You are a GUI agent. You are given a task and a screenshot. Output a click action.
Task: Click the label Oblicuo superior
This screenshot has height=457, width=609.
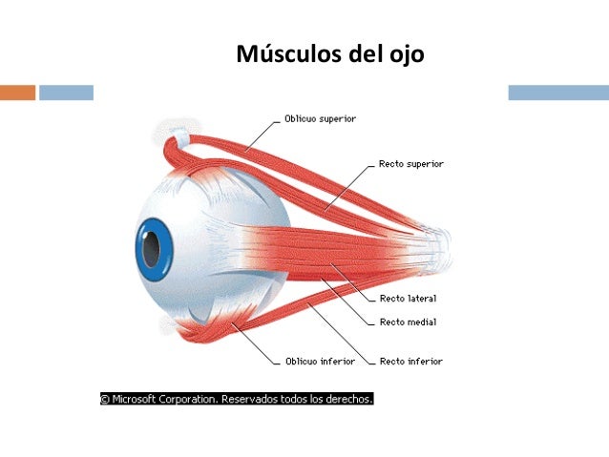click(321, 119)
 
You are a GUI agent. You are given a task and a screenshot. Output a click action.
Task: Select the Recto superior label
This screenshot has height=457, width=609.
click(411, 164)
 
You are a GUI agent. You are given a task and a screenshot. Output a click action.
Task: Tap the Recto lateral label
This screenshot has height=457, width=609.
click(408, 299)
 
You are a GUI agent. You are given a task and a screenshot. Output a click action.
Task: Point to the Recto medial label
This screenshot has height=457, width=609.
click(408, 322)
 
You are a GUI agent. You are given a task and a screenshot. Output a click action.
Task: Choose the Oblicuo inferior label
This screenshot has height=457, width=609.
click(320, 362)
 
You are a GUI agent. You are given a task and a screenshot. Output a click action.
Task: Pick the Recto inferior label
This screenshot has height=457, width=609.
click(411, 362)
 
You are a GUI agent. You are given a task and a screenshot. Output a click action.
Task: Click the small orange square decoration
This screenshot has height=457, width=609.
click(17, 93)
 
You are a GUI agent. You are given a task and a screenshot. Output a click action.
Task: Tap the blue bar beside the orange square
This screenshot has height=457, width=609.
click(66, 93)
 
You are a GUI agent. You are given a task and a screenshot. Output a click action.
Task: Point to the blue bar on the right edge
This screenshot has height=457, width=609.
click(557, 93)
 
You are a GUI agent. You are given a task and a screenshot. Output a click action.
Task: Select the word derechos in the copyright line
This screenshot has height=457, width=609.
click(347, 399)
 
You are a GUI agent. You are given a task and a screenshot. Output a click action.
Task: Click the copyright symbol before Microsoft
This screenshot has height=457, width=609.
click(105, 399)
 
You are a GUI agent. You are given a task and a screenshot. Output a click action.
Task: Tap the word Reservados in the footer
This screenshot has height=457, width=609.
click(254, 399)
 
